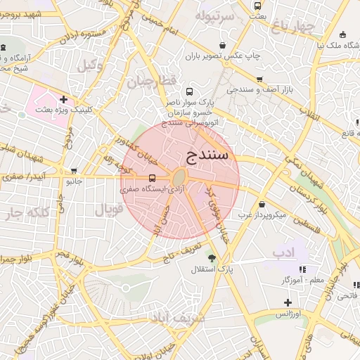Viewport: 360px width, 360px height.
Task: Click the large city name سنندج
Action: pos(208,155)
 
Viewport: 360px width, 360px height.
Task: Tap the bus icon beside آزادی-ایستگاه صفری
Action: pos(153,179)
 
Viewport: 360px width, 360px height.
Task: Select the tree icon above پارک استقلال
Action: pos(212,258)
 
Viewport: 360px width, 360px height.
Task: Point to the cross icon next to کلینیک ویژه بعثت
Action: pos(64,100)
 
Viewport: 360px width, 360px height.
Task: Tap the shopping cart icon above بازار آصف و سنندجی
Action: pos(259,79)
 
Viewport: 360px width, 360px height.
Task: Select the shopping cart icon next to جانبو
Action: pos(75,171)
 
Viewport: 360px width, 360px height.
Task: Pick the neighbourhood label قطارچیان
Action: pos(150,82)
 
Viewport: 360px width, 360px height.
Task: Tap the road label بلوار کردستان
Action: pos(307,191)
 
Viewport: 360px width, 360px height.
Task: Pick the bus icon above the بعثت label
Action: pos(259,5)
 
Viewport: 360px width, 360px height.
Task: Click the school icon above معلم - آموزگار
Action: pos(302,269)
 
